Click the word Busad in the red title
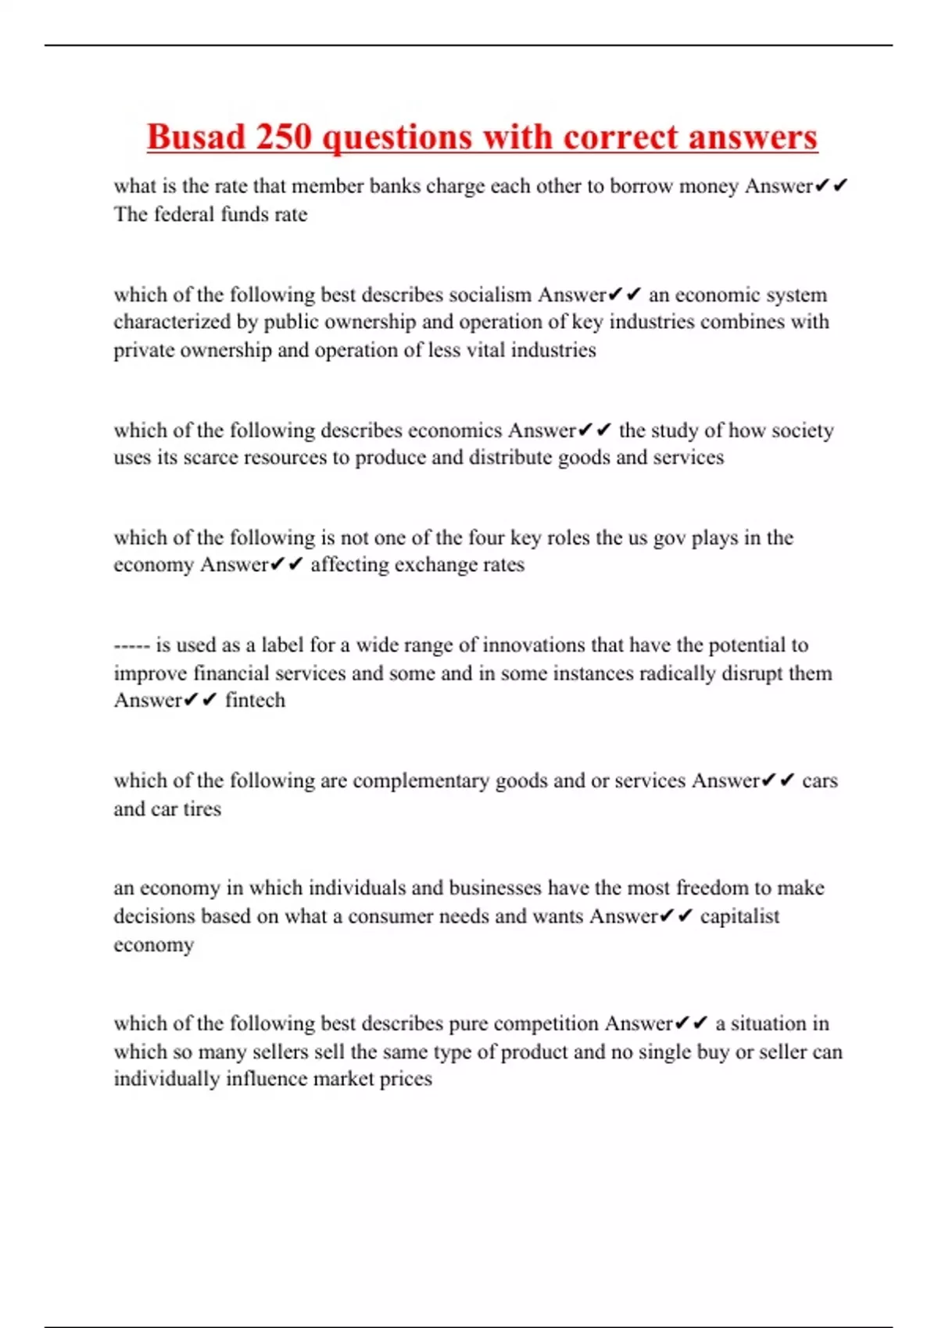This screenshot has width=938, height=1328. click(196, 137)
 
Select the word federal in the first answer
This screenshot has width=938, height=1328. click(184, 214)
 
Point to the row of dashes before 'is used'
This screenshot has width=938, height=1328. click(131, 645)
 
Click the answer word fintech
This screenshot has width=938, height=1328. click(255, 700)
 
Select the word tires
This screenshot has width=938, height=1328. click(202, 809)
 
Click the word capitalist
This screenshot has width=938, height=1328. click(739, 916)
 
